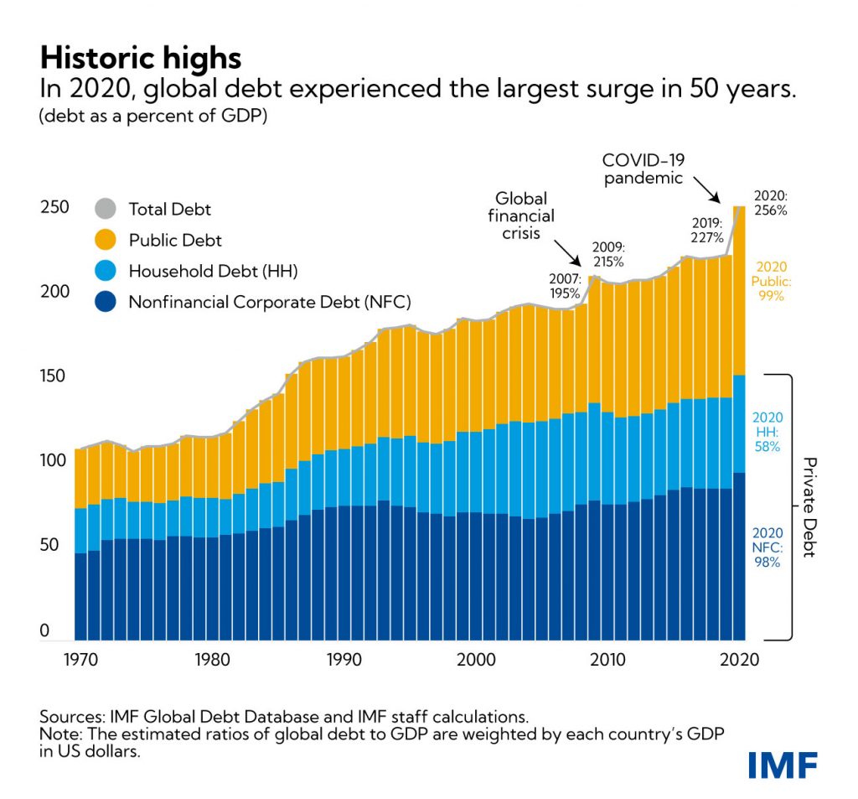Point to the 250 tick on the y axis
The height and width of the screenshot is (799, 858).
coord(54,207)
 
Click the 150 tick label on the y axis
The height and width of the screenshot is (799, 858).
coord(54,376)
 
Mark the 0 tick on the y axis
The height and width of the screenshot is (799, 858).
coord(45,631)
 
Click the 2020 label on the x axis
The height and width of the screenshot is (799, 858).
coord(738,660)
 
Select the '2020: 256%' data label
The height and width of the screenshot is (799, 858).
coord(769,203)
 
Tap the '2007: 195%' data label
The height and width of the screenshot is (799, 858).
coord(566,285)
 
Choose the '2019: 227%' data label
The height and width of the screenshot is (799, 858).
coord(706,231)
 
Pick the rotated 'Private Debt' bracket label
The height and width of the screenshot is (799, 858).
coord(809,508)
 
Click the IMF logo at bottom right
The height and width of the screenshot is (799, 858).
coord(783,764)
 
